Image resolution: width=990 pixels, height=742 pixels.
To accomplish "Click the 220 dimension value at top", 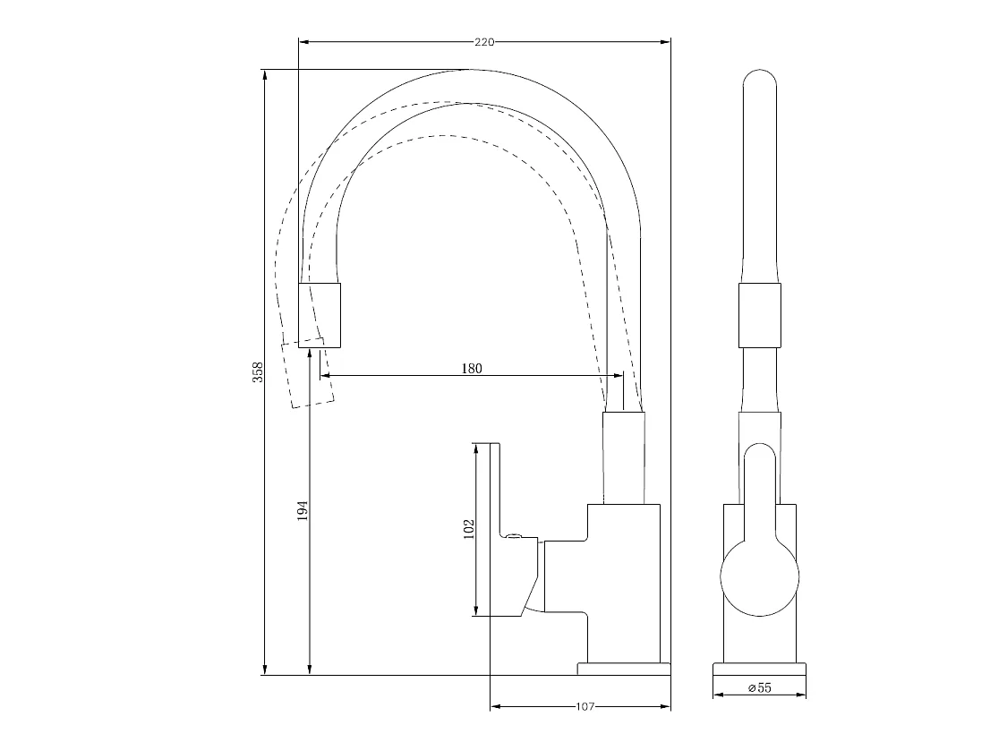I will (x=484, y=41).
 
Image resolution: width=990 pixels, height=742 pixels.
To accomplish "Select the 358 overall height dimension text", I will (x=258, y=371).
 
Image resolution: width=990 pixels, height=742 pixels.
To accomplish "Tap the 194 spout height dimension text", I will (x=303, y=510).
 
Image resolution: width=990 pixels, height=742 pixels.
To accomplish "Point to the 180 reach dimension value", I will (x=472, y=368).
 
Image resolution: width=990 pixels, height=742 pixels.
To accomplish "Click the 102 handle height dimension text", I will (x=468, y=529).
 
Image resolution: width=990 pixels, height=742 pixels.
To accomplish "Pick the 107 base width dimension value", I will (x=585, y=707).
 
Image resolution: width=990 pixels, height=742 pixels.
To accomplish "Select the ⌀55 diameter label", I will (x=759, y=687).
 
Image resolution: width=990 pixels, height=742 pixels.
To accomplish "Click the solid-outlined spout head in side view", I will (x=320, y=314).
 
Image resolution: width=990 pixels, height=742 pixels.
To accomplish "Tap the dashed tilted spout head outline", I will (x=307, y=373).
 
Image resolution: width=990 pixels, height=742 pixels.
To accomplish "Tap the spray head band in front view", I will (x=761, y=315).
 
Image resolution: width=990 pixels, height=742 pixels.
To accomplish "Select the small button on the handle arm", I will (x=513, y=536).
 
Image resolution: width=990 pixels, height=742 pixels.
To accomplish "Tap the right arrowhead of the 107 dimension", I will (x=667, y=707).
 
